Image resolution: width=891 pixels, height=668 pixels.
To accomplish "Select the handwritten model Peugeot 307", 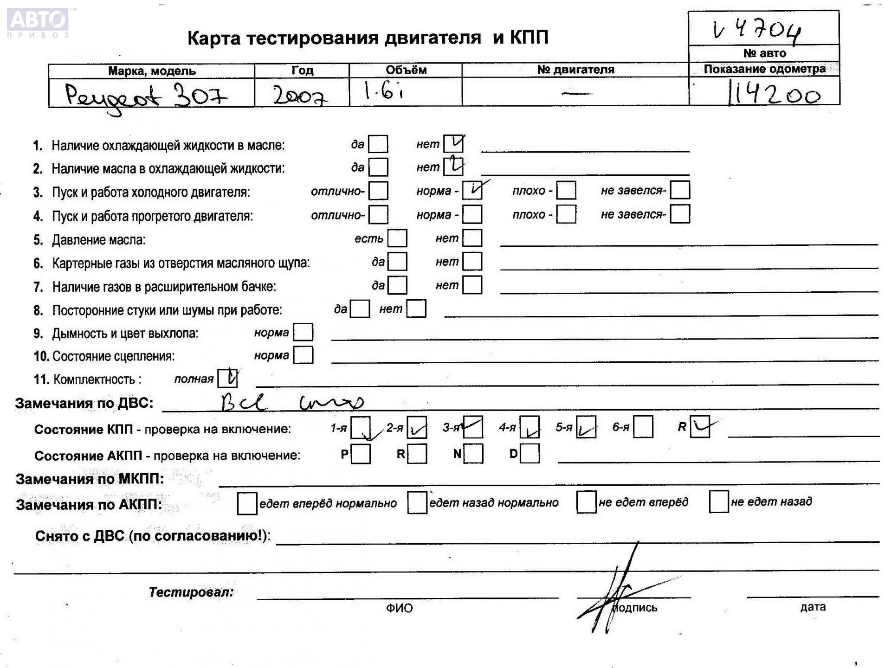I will (x=146, y=96).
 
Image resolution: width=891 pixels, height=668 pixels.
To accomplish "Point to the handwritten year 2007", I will (x=299, y=96).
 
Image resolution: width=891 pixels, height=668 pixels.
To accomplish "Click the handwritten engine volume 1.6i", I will (x=383, y=92).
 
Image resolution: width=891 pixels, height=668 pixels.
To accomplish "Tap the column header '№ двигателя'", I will (x=575, y=70).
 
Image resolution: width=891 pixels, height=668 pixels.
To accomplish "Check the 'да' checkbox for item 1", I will (x=378, y=144).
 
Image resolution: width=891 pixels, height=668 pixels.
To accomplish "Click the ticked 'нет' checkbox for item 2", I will (x=453, y=167).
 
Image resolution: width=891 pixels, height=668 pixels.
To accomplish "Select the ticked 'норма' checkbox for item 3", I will (x=472, y=190).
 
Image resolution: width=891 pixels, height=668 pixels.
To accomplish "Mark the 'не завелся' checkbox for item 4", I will (x=680, y=214).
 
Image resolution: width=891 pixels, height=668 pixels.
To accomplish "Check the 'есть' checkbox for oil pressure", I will (x=397, y=238).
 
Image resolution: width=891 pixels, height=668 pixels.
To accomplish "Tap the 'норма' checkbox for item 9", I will (x=303, y=332).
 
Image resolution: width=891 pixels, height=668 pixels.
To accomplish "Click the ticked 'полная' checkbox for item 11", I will (x=228, y=378).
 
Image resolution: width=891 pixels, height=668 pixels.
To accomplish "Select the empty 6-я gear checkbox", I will (x=643, y=427).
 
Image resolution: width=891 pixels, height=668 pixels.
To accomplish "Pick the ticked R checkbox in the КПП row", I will (x=700, y=427).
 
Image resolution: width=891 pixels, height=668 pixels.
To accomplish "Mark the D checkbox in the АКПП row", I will (x=530, y=454).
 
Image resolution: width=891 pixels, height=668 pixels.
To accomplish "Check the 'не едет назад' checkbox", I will (x=718, y=502).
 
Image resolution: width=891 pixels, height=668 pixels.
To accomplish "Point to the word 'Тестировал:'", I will (x=191, y=592).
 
